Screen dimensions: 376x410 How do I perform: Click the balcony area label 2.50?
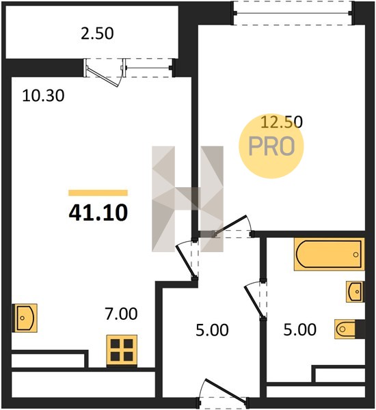tap(97, 33)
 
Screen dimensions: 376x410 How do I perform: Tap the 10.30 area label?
tap(43, 96)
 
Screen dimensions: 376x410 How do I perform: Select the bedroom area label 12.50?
tap(282, 122)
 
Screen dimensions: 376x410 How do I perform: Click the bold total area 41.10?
tap(98, 213)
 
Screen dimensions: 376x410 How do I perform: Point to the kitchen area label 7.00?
tap(121, 314)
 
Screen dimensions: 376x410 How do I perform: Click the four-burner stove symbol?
tap(122, 351)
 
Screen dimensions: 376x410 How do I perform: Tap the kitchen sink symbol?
tap(25, 318)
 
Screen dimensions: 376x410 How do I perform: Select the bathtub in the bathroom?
tap(329, 254)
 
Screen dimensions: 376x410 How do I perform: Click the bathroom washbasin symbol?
tap(355, 292)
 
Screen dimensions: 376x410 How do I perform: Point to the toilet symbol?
tap(345, 329)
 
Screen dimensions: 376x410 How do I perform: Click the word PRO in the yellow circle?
tap(271, 146)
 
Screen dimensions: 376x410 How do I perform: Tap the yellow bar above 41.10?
tap(98, 193)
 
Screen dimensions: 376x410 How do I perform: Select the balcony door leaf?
tap(103, 77)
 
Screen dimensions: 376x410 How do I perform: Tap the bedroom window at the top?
tap(293, 13)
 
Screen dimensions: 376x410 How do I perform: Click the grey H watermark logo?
tap(187, 199)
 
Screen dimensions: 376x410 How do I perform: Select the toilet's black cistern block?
tap(360, 329)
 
